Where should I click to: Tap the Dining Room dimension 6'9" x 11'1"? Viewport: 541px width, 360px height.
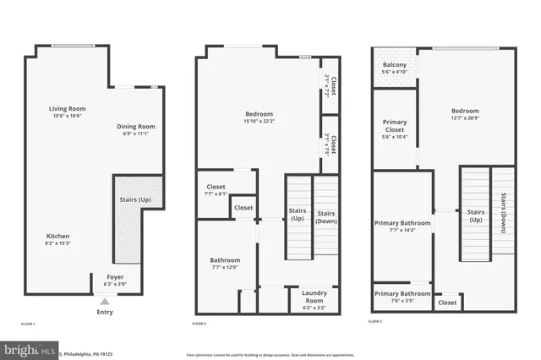136,133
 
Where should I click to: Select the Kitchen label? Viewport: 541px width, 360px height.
57,236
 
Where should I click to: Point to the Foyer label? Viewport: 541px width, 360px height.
114,276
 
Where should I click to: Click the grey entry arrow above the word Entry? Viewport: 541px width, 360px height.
105,301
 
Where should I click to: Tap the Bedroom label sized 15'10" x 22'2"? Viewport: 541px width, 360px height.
259,113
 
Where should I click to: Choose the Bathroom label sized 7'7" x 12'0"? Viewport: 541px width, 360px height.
225,259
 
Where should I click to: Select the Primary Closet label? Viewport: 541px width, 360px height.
395,126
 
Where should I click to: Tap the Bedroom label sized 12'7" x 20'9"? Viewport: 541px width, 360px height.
464,111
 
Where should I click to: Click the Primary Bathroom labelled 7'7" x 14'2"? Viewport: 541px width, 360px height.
402,223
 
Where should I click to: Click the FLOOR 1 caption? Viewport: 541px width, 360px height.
28,324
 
